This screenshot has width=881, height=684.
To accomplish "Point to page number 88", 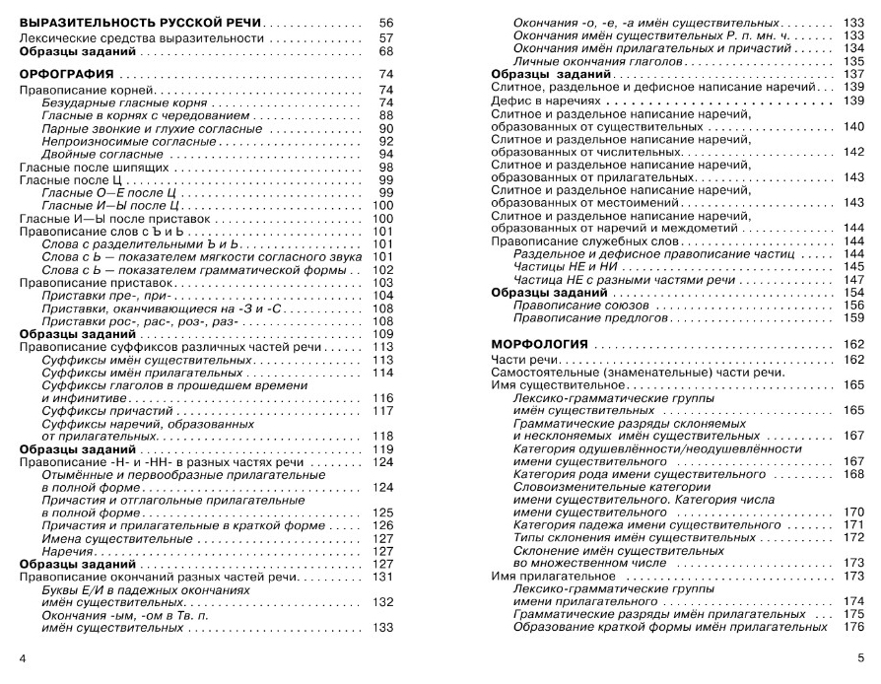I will (x=385, y=115).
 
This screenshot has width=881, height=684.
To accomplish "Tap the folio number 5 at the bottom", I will (x=860, y=657).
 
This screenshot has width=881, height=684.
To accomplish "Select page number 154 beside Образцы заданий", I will (x=853, y=293).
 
